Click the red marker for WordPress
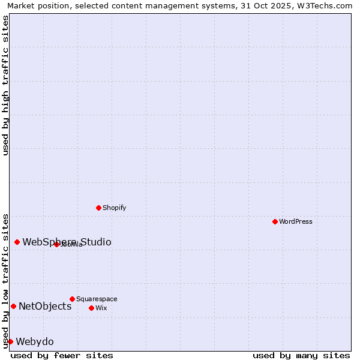pyautogui.click(x=275, y=221)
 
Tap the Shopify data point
pyautogui.click(x=98, y=208)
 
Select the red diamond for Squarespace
pyautogui.click(x=72, y=299)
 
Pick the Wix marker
pyautogui.click(x=91, y=308)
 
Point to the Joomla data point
pyautogui.click(x=56, y=244)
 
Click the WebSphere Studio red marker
pyautogui.click(x=17, y=242)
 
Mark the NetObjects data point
pyautogui.click(x=13, y=307)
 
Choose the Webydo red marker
pyautogui.click(x=10, y=342)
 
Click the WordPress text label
pyautogui.click(x=296, y=221)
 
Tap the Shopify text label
pyautogui.click(x=114, y=208)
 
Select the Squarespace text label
pyautogui.click(x=97, y=299)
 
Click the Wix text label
pyautogui.click(x=101, y=308)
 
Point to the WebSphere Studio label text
pyautogui.click(x=67, y=242)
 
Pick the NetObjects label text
pyautogui.click(x=45, y=307)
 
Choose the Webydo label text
pyautogui.click(x=35, y=342)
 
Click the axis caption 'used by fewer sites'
pyautogui.click(x=62, y=355)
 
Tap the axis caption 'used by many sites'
pyautogui.click(x=301, y=355)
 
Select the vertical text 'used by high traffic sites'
pyautogui.click(x=6, y=85)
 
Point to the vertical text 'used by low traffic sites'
pyautogui.click(x=6, y=280)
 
